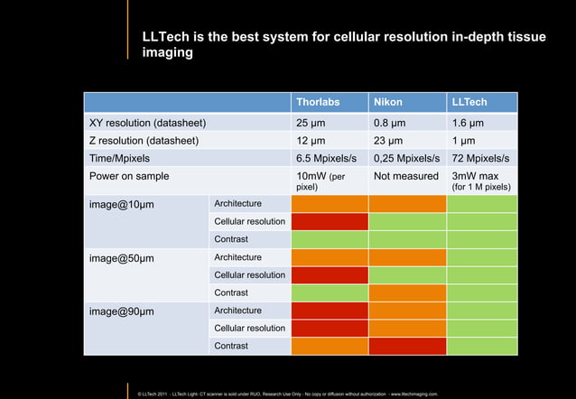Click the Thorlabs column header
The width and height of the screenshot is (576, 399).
click(x=318, y=103)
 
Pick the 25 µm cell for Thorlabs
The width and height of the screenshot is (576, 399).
click(x=312, y=123)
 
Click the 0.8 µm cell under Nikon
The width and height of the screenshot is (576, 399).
click(x=391, y=123)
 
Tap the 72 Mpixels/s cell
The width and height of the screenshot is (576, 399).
click(x=480, y=158)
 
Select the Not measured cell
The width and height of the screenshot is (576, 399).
click(x=405, y=176)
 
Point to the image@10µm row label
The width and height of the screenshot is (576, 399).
click(x=121, y=204)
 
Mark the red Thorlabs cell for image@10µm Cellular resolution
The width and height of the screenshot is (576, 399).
click(x=330, y=221)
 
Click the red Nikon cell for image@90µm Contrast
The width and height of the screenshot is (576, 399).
click(x=407, y=346)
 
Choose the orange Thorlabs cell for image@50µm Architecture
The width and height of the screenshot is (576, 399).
click(x=330, y=257)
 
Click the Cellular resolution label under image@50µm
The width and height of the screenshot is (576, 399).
click(x=249, y=274)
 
